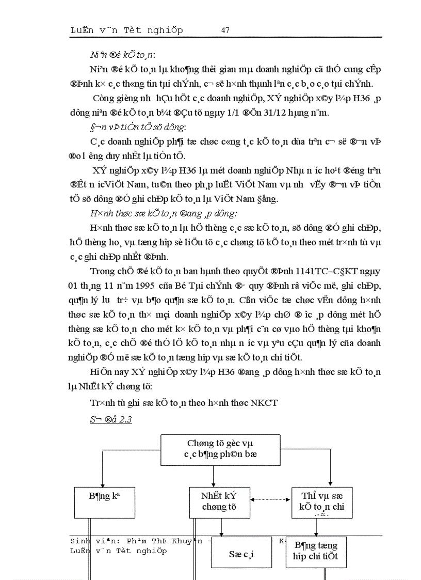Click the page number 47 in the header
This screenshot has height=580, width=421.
click(225, 30)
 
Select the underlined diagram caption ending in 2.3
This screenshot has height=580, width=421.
click(111, 419)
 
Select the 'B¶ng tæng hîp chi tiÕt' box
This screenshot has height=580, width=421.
click(316, 551)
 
